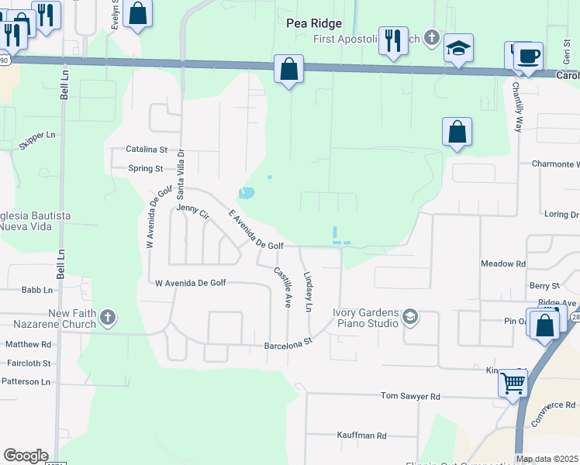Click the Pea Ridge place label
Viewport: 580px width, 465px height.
pos(313,23)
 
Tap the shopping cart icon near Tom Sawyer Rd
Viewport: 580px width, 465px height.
pos(513,382)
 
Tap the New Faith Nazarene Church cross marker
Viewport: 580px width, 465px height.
pos(107,317)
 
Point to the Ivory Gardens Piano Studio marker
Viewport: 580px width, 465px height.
pos(410,317)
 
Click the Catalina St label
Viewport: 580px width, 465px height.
pos(147,149)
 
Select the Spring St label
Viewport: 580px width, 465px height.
pos(146,168)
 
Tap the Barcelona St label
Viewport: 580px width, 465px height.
pos(288,341)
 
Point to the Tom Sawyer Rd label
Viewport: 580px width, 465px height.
pos(410,396)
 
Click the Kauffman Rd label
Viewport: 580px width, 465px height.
pos(361,436)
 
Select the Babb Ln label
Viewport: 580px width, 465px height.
pos(37,290)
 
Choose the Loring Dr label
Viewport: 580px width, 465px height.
pos(561,214)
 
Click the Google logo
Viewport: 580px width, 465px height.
pos(26,456)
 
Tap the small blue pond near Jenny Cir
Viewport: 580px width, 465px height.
pos(246,192)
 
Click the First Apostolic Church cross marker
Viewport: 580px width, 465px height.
pos(432,38)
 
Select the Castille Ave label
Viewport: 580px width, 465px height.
pos(282,287)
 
